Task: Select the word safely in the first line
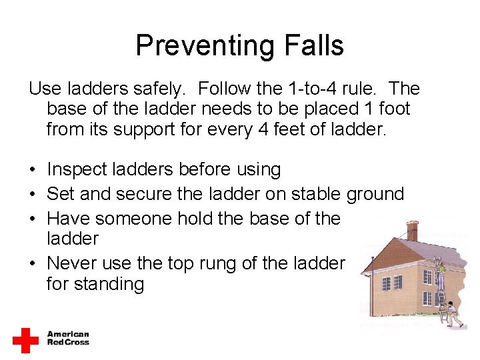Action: (164, 89)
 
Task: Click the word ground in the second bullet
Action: (375, 194)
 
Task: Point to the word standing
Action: (95, 284)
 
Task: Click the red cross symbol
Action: (25, 339)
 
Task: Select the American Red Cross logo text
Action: (68, 338)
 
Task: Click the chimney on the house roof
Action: (412, 230)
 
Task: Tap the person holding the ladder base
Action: (453, 312)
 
